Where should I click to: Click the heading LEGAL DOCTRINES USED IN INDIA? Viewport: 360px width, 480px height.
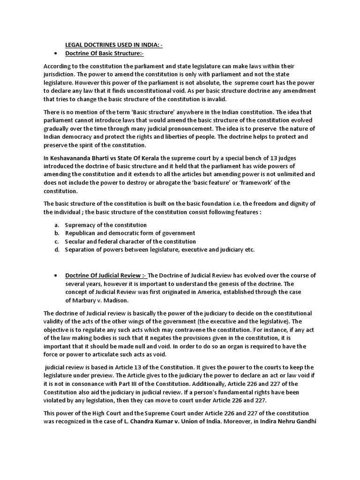click(x=113, y=45)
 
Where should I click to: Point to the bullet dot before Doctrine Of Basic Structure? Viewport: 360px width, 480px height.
click(x=56, y=54)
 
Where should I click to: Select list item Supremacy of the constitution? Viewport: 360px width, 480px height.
click(x=105, y=225)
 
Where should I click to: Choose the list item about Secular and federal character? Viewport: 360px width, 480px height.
click(x=130, y=241)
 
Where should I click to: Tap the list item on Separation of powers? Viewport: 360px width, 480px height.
click(x=159, y=249)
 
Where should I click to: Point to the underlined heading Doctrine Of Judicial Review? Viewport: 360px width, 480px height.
click(x=105, y=275)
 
